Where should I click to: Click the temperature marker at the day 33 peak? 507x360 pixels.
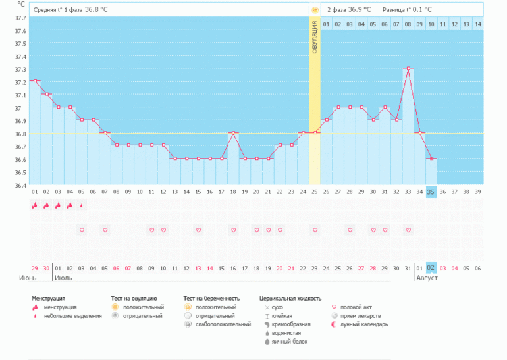(408, 68)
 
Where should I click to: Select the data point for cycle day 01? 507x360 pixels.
(35, 81)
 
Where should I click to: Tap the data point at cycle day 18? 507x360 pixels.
(233, 133)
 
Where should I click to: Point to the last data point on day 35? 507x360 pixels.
(431, 159)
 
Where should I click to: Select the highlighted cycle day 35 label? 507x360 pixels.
(431, 192)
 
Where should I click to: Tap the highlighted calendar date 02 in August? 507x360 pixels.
(431, 269)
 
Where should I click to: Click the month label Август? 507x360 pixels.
(427, 278)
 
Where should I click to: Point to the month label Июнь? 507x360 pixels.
(28, 278)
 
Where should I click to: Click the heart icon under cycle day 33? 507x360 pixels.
(408, 230)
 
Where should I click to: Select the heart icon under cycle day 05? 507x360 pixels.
(82, 230)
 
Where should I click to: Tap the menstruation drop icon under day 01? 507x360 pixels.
(35, 205)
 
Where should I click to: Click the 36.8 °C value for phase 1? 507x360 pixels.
(96, 10)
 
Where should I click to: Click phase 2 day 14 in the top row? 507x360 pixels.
(477, 24)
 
